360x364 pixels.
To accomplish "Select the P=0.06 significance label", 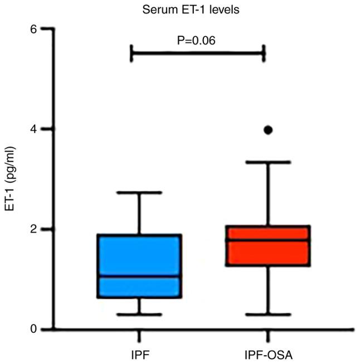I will [x=197, y=40].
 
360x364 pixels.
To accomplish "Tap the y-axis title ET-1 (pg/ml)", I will [x=10, y=178].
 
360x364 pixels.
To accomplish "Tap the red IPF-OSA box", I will [x=268, y=251].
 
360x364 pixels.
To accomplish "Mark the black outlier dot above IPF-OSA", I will [x=268, y=130].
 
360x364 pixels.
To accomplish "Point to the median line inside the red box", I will [x=268, y=240].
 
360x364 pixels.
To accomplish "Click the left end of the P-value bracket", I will [x=131, y=54].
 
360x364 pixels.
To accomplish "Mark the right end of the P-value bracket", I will [x=264, y=54].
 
